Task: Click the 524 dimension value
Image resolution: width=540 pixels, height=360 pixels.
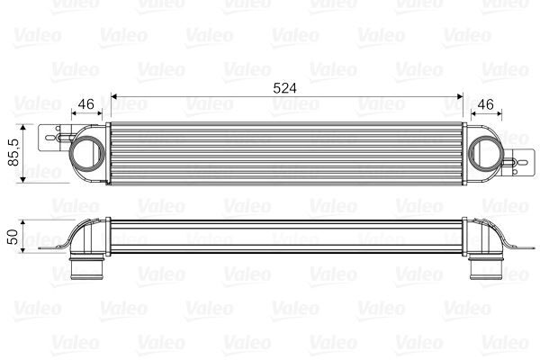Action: click(x=285, y=87)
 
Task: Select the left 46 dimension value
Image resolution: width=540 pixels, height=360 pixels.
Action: click(x=86, y=104)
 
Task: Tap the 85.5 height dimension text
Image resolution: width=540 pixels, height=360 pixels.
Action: click(x=12, y=154)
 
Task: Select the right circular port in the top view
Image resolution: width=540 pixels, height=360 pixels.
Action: click(x=482, y=154)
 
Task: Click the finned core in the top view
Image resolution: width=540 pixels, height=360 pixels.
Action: click(x=284, y=154)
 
